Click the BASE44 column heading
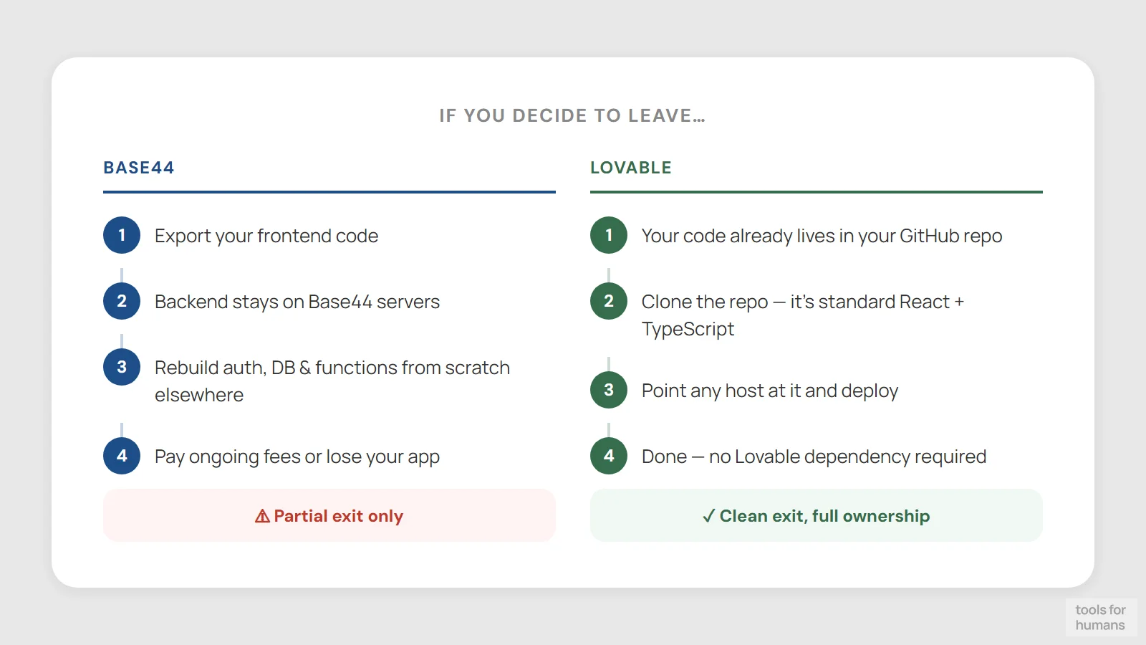pyautogui.click(x=139, y=168)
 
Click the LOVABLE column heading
pyautogui.click(x=630, y=168)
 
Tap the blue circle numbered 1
pyautogui.click(x=122, y=235)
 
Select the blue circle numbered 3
pyautogui.click(x=122, y=367)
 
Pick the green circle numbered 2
pyautogui.click(x=609, y=301)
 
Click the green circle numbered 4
pyautogui.click(x=609, y=456)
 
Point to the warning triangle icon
pyautogui.click(x=263, y=516)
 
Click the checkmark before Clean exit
pyautogui.click(x=708, y=516)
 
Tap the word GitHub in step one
pyautogui.click(x=929, y=236)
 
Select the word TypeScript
pyautogui.click(x=688, y=329)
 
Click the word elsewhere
pyautogui.click(x=199, y=395)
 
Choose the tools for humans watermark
pyautogui.click(x=1100, y=617)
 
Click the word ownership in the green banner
pyautogui.click(x=886, y=516)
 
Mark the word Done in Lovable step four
pyautogui.click(x=664, y=457)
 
